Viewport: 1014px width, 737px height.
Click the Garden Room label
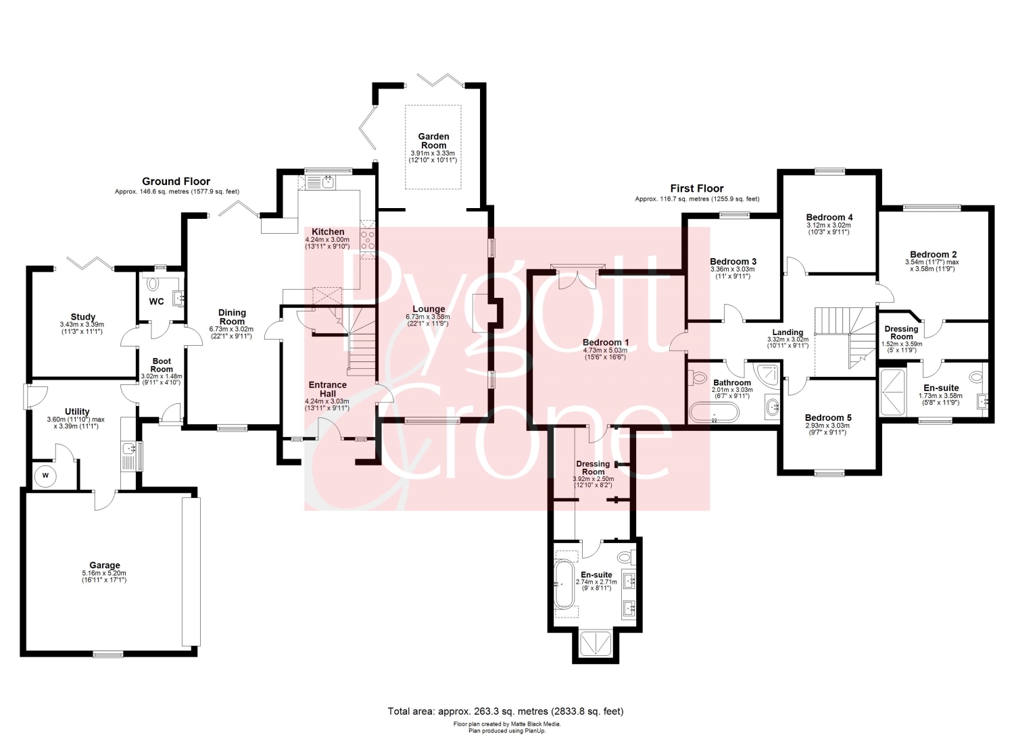point(433,141)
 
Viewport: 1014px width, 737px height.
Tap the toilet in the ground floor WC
point(153,283)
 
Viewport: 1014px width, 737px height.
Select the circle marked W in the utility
point(45,476)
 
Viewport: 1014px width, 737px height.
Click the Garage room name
point(105,565)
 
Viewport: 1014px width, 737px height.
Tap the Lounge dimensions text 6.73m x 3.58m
point(428,317)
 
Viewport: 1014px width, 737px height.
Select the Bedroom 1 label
point(605,342)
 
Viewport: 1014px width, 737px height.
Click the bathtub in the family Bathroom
point(713,412)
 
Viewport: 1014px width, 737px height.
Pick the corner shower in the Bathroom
point(767,375)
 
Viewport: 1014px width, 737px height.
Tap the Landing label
point(788,332)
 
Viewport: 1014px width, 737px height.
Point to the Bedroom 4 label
point(829,217)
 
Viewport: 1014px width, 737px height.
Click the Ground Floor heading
point(176,182)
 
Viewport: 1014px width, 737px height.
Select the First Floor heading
point(697,188)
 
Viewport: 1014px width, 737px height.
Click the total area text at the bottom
point(505,711)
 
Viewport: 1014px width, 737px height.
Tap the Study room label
point(83,317)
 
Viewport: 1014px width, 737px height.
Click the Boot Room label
point(162,365)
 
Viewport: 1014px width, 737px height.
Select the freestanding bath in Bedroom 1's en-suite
point(564,584)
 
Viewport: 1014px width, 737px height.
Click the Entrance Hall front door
point(331,428)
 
